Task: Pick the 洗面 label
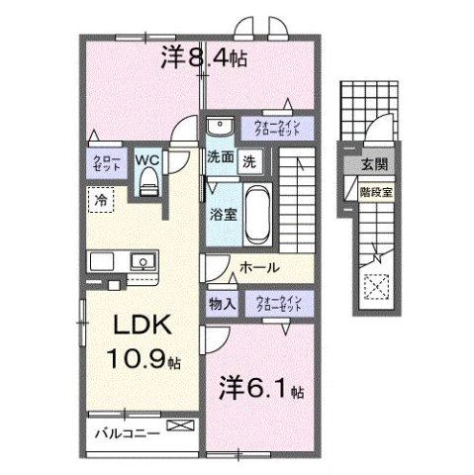[219, 157]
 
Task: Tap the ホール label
[259, 267]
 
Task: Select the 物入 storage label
[221, 305]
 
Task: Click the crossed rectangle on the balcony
[181, 426]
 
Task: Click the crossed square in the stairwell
[376, 289]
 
